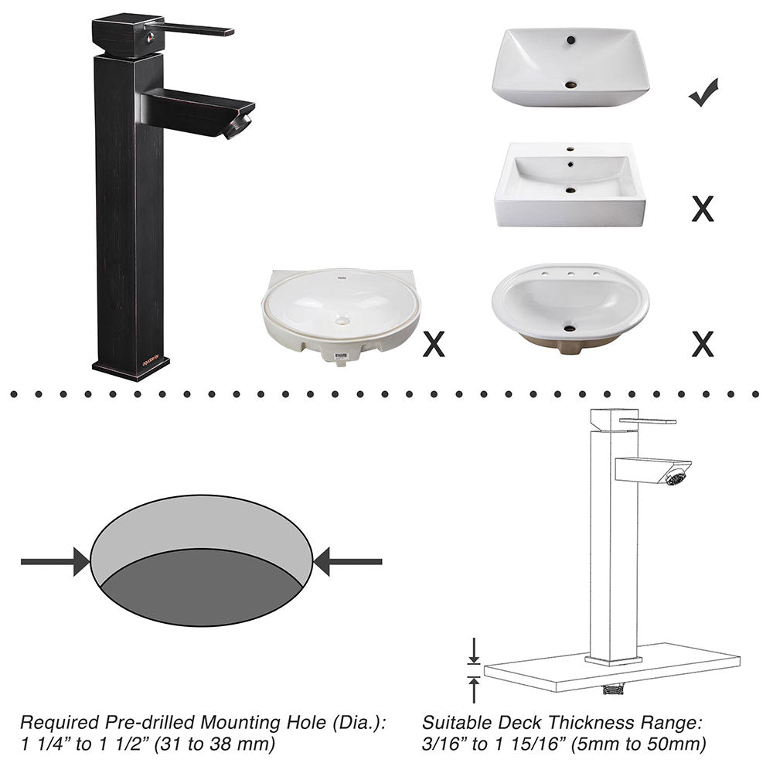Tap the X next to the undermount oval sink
click(434, 343)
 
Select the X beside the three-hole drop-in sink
click(702, 343)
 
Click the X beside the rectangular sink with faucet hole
click(702, 208)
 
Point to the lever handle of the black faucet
click(197, 29)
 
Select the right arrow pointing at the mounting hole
click(348, 561)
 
